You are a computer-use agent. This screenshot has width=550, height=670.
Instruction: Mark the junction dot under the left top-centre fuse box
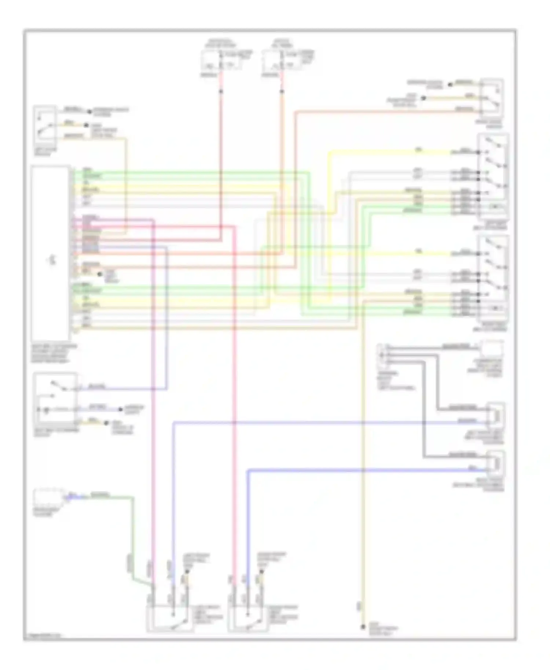221,91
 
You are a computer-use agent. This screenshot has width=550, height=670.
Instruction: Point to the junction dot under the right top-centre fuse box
282,91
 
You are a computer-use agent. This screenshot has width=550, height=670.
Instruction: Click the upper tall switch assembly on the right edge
492,176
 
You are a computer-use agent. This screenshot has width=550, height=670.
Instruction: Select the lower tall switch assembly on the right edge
492,279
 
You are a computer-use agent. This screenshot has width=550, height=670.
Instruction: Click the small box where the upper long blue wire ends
495,416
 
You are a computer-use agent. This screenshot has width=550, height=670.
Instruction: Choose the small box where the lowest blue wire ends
495,463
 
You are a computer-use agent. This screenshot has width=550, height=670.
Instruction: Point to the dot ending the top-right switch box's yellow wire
423,98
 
